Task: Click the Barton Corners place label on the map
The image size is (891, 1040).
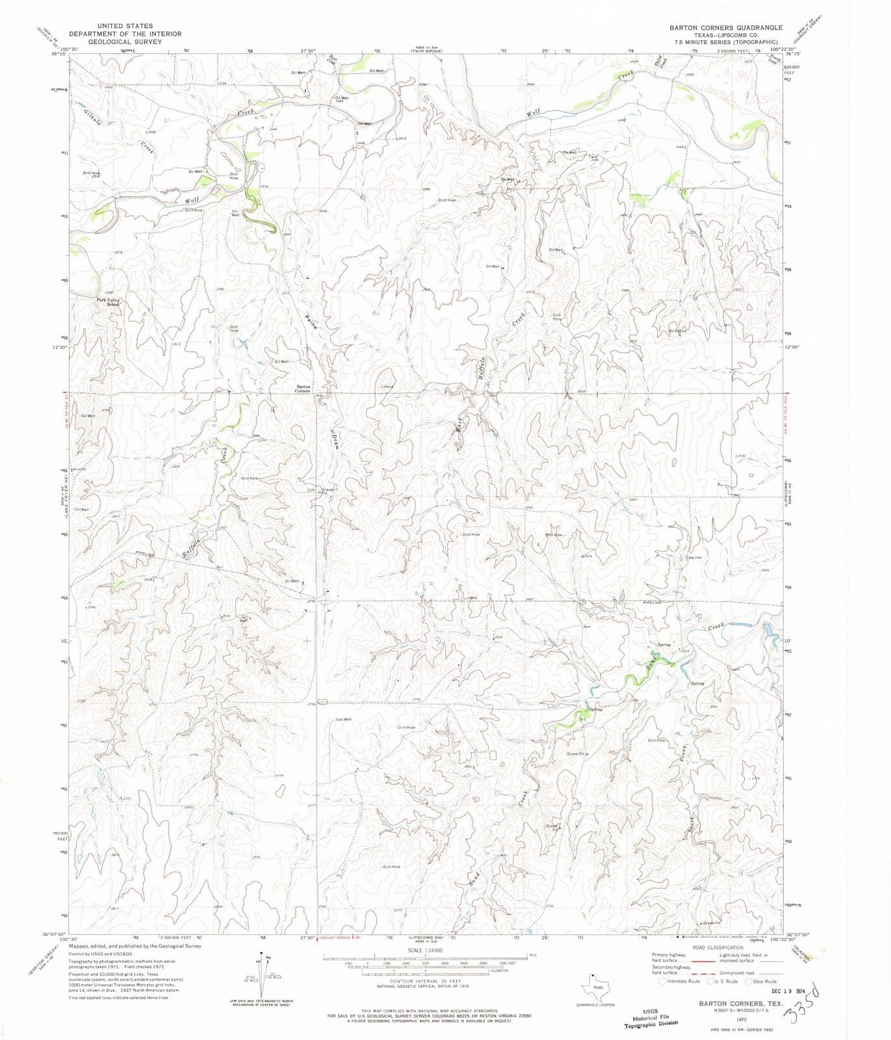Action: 302,389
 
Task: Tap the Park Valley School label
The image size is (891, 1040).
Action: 109,302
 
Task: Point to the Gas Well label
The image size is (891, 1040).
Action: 344,720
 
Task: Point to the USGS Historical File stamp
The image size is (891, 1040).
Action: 651,1017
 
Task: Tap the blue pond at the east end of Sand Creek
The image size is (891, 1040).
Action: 769,629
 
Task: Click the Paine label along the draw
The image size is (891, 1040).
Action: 311,321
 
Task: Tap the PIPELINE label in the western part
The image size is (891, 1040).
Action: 146,554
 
